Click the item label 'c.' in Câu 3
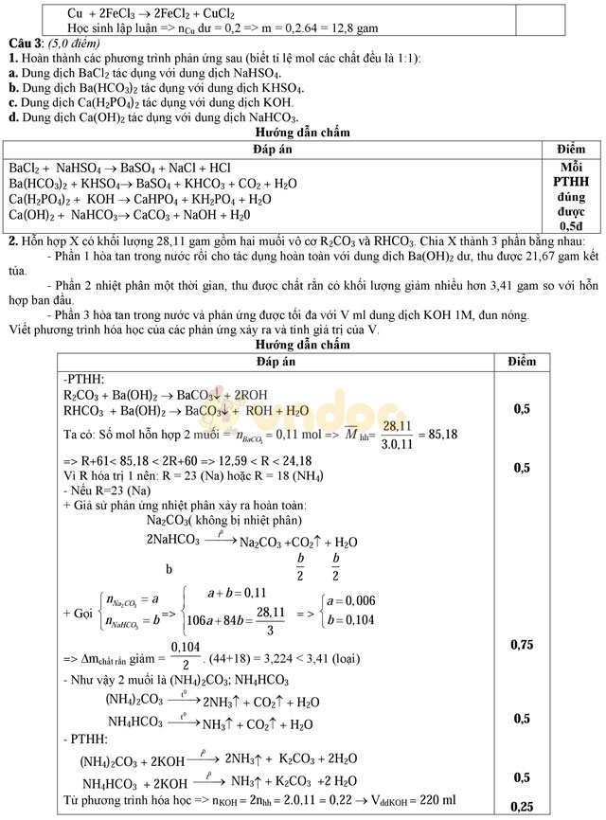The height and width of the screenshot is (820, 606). tap(12, 102)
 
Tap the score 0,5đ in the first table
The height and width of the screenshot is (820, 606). tap(570, 227)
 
